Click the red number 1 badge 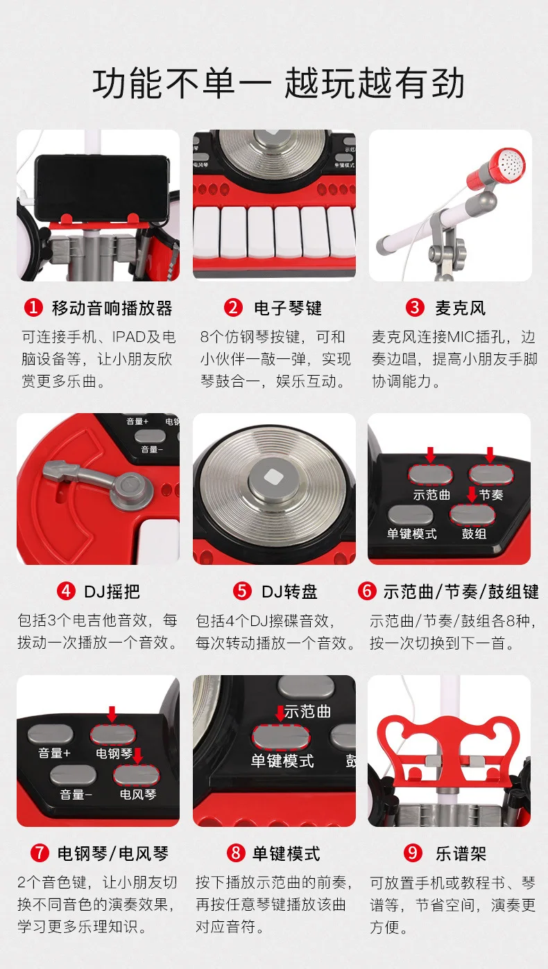click(x=33, y=308)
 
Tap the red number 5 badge click(x=242, y=591)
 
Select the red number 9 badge click(x=413, y=853)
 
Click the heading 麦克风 click(x=461, y=308)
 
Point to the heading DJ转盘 click(x=289, y=591)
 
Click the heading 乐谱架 click(x=461, y=853)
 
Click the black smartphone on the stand click(x=102, y=187)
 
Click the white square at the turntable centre click(x=273, y=478)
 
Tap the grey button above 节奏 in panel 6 click(x=491, y=475)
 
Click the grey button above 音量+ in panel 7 click(x=51, y=734)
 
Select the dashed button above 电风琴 click(x=137, y=775)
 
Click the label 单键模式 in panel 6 click(x=411, y=534)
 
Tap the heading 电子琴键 click(x=288, y=308)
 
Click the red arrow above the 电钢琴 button click(x=112, y=714)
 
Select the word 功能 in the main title click(x=128, y=83)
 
